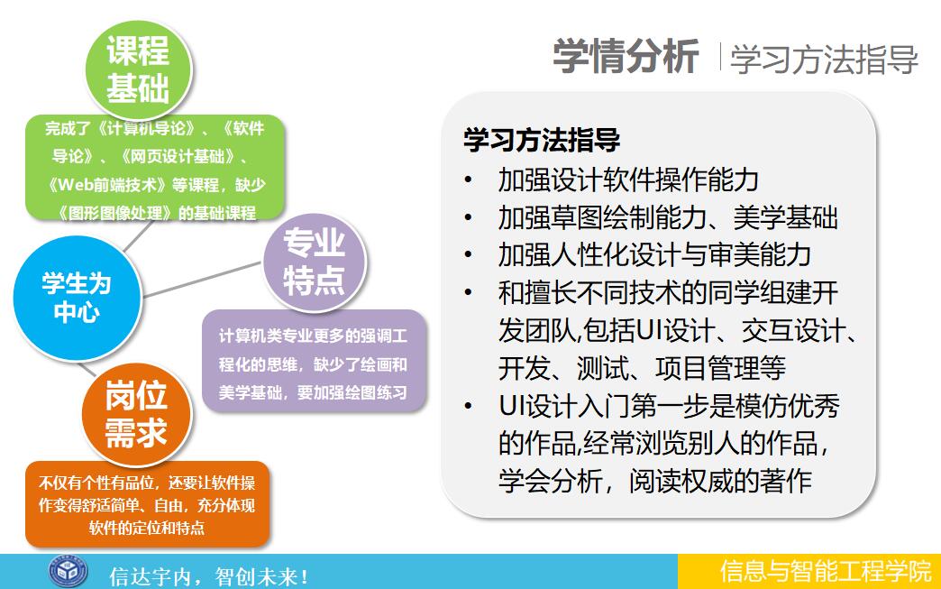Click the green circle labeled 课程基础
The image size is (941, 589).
click(138, 69)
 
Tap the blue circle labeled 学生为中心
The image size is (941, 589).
click(77, 297)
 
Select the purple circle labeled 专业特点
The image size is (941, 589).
click(314, 262)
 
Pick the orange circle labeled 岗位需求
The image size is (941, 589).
click(136, 414)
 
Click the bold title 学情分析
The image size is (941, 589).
click(626, 57)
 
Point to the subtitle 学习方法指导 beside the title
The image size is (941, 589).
click(824, 60)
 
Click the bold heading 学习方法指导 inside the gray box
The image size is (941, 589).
click(542, 140)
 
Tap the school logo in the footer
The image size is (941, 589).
click(68, 571)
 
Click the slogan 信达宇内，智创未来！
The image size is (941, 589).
click(209, 576)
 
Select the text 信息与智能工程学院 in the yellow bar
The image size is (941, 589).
click(826, 571)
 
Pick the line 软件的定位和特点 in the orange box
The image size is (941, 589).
click(147, 528)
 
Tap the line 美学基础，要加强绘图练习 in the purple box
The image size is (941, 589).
click(313, 392)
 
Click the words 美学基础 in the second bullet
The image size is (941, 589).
click(785, 217)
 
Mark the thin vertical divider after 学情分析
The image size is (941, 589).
click(719, 57)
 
